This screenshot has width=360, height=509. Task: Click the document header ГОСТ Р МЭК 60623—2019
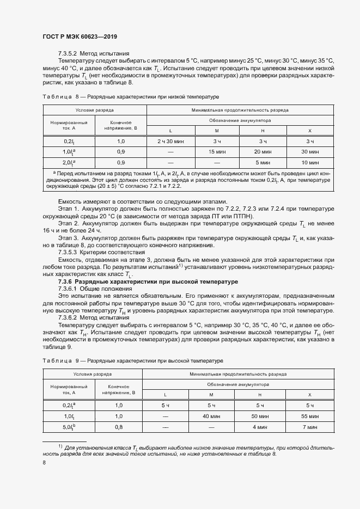80,37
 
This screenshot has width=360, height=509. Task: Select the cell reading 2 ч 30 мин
170,141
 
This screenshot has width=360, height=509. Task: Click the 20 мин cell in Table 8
263,151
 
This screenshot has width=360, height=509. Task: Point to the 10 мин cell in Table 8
309,162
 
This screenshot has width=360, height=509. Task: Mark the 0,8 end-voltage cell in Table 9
119,427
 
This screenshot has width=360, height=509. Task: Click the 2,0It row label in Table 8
69,162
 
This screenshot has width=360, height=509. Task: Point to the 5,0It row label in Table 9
69,427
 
